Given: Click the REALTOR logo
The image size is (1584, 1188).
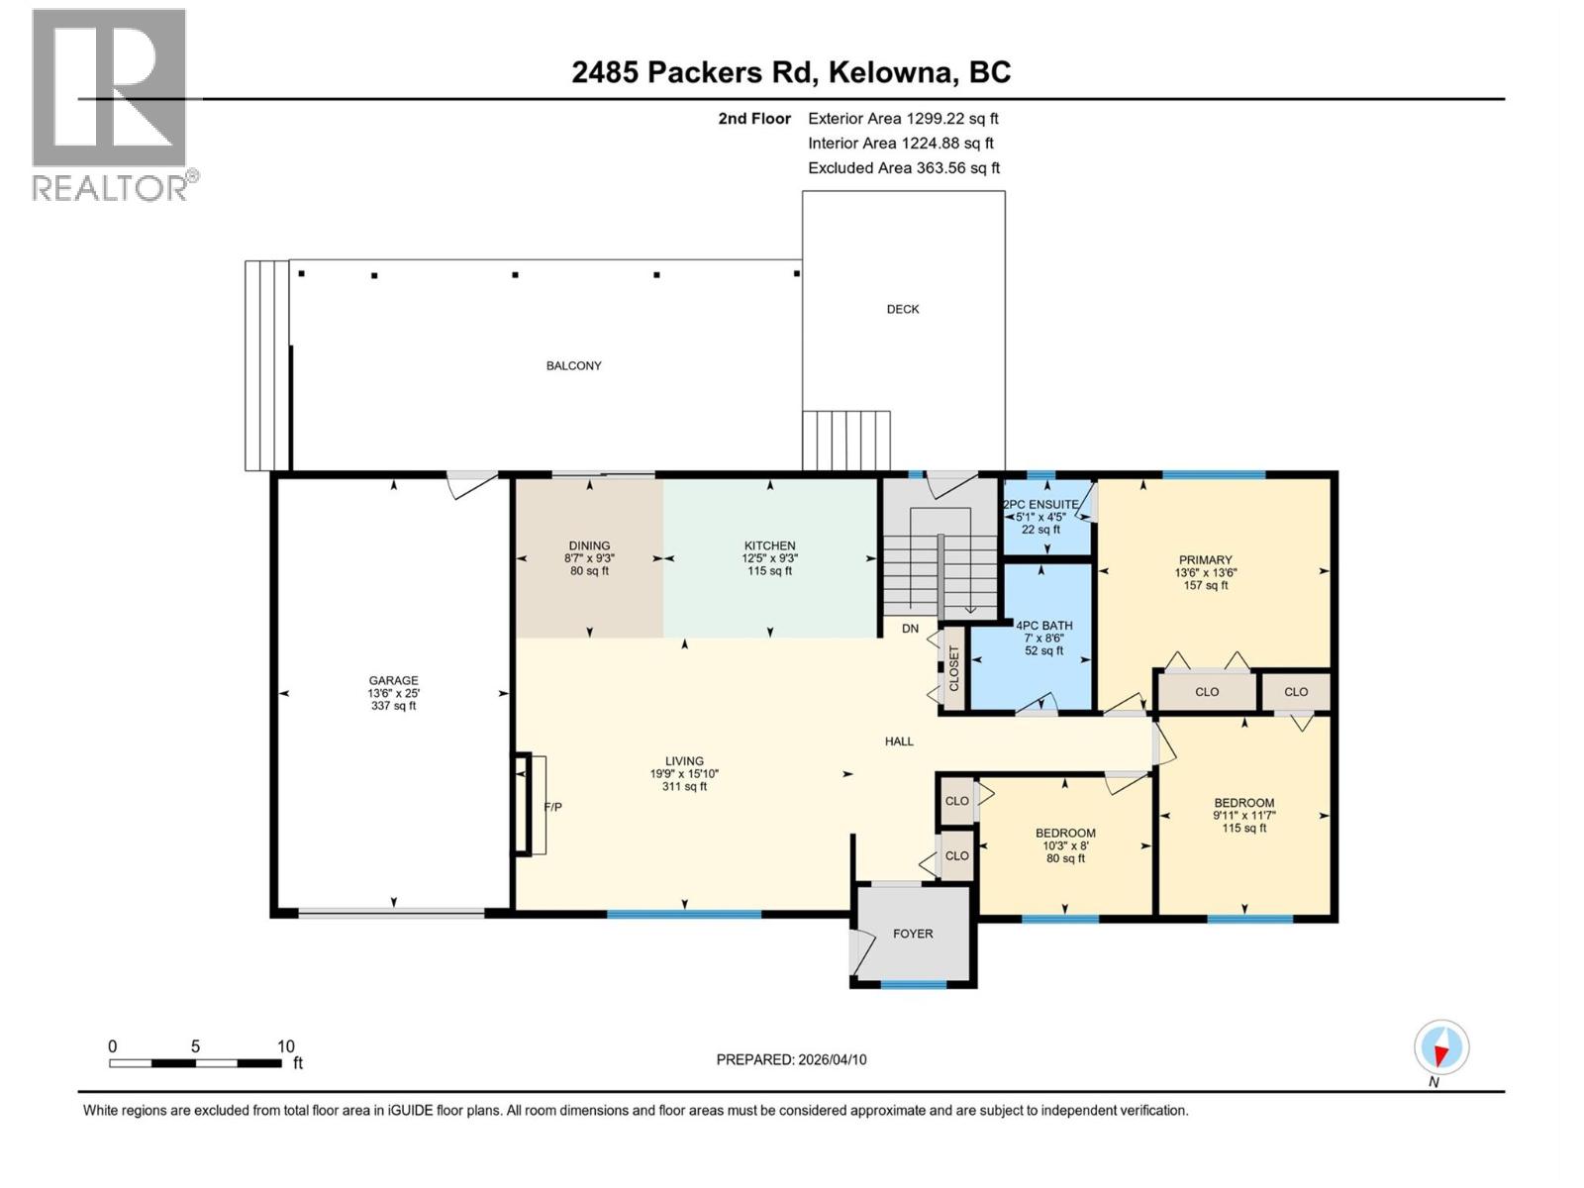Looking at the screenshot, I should click(109, 104).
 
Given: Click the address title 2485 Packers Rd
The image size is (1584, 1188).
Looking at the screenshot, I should click(791, 72).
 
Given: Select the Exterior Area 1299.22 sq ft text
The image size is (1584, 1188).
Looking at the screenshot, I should click(902, 119).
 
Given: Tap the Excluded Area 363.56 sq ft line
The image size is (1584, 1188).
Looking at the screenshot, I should click(903, 168).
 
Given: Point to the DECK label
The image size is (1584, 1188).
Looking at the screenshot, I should click(902, 310).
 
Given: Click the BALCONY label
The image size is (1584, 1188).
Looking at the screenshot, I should click(573, 366).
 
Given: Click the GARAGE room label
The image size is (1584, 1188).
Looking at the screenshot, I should click(393, 681).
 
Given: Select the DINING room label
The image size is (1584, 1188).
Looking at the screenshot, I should click(589, 546).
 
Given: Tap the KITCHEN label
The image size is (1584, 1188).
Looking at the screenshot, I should click(769, 546).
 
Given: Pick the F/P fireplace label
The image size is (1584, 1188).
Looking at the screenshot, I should click(552, 808).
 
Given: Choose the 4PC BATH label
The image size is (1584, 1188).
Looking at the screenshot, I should click(1043, 626).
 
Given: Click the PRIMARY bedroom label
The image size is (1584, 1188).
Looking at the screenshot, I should click(1205, 560).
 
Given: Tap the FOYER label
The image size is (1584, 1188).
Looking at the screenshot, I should click(912, 934).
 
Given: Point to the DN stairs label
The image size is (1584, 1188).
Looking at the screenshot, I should click(910, 629).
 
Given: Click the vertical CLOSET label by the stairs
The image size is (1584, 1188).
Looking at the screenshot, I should click(954, 669).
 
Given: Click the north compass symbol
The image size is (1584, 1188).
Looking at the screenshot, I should click(1441, 1047).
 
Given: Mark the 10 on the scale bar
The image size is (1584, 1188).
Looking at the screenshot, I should click(285, 1046).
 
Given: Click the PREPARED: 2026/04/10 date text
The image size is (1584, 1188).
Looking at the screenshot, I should click(791, 1059).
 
